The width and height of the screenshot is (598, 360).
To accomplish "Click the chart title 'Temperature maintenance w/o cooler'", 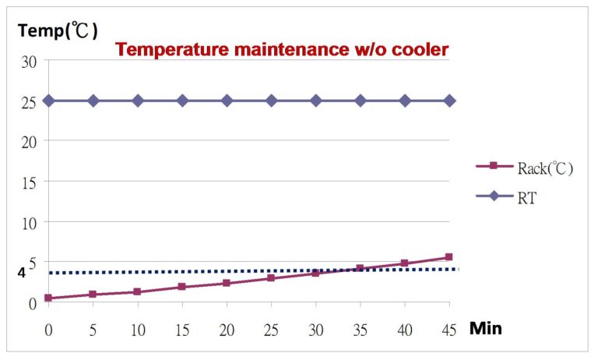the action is click(x=282, y=50).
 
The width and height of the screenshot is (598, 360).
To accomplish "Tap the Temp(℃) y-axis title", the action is click(x=58, y=30).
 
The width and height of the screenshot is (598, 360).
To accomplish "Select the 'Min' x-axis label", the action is click(x=486, y=328).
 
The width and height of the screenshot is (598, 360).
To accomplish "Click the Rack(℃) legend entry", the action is click(x=524, y=168).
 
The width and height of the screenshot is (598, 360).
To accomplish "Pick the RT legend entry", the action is click(x=506, y=197).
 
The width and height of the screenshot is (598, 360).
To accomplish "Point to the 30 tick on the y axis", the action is click(x=29, y=62).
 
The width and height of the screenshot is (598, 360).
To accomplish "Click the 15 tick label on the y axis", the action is click(x=29, y=183).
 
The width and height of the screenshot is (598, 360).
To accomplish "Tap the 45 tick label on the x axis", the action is click(x=448, y=330).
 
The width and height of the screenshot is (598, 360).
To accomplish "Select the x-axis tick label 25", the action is click(x=271, y=330).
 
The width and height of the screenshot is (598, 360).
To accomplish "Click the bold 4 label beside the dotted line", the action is click(x=21, y=273).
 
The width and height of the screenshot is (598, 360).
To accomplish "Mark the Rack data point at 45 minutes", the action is click(x=448, y=257).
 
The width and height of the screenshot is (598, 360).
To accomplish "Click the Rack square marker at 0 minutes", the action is click(x=48, y=298).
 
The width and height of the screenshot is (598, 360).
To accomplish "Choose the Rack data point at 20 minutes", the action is click(x=227, y=283).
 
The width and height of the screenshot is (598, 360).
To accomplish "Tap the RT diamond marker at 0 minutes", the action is click(x=48, y=101).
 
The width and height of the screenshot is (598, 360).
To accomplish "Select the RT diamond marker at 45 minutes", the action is click(x=449, y=101).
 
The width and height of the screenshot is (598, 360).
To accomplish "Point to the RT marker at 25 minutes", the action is click(x=271, y=101).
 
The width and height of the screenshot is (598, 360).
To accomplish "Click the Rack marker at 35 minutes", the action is click(x=360, y=268).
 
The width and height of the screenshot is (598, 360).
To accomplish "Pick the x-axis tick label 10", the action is click(x=138, y=330).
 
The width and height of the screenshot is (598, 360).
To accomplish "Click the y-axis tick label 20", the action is click(x=29, y=143).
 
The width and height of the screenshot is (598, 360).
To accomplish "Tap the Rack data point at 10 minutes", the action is click(x=137, y=291).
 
